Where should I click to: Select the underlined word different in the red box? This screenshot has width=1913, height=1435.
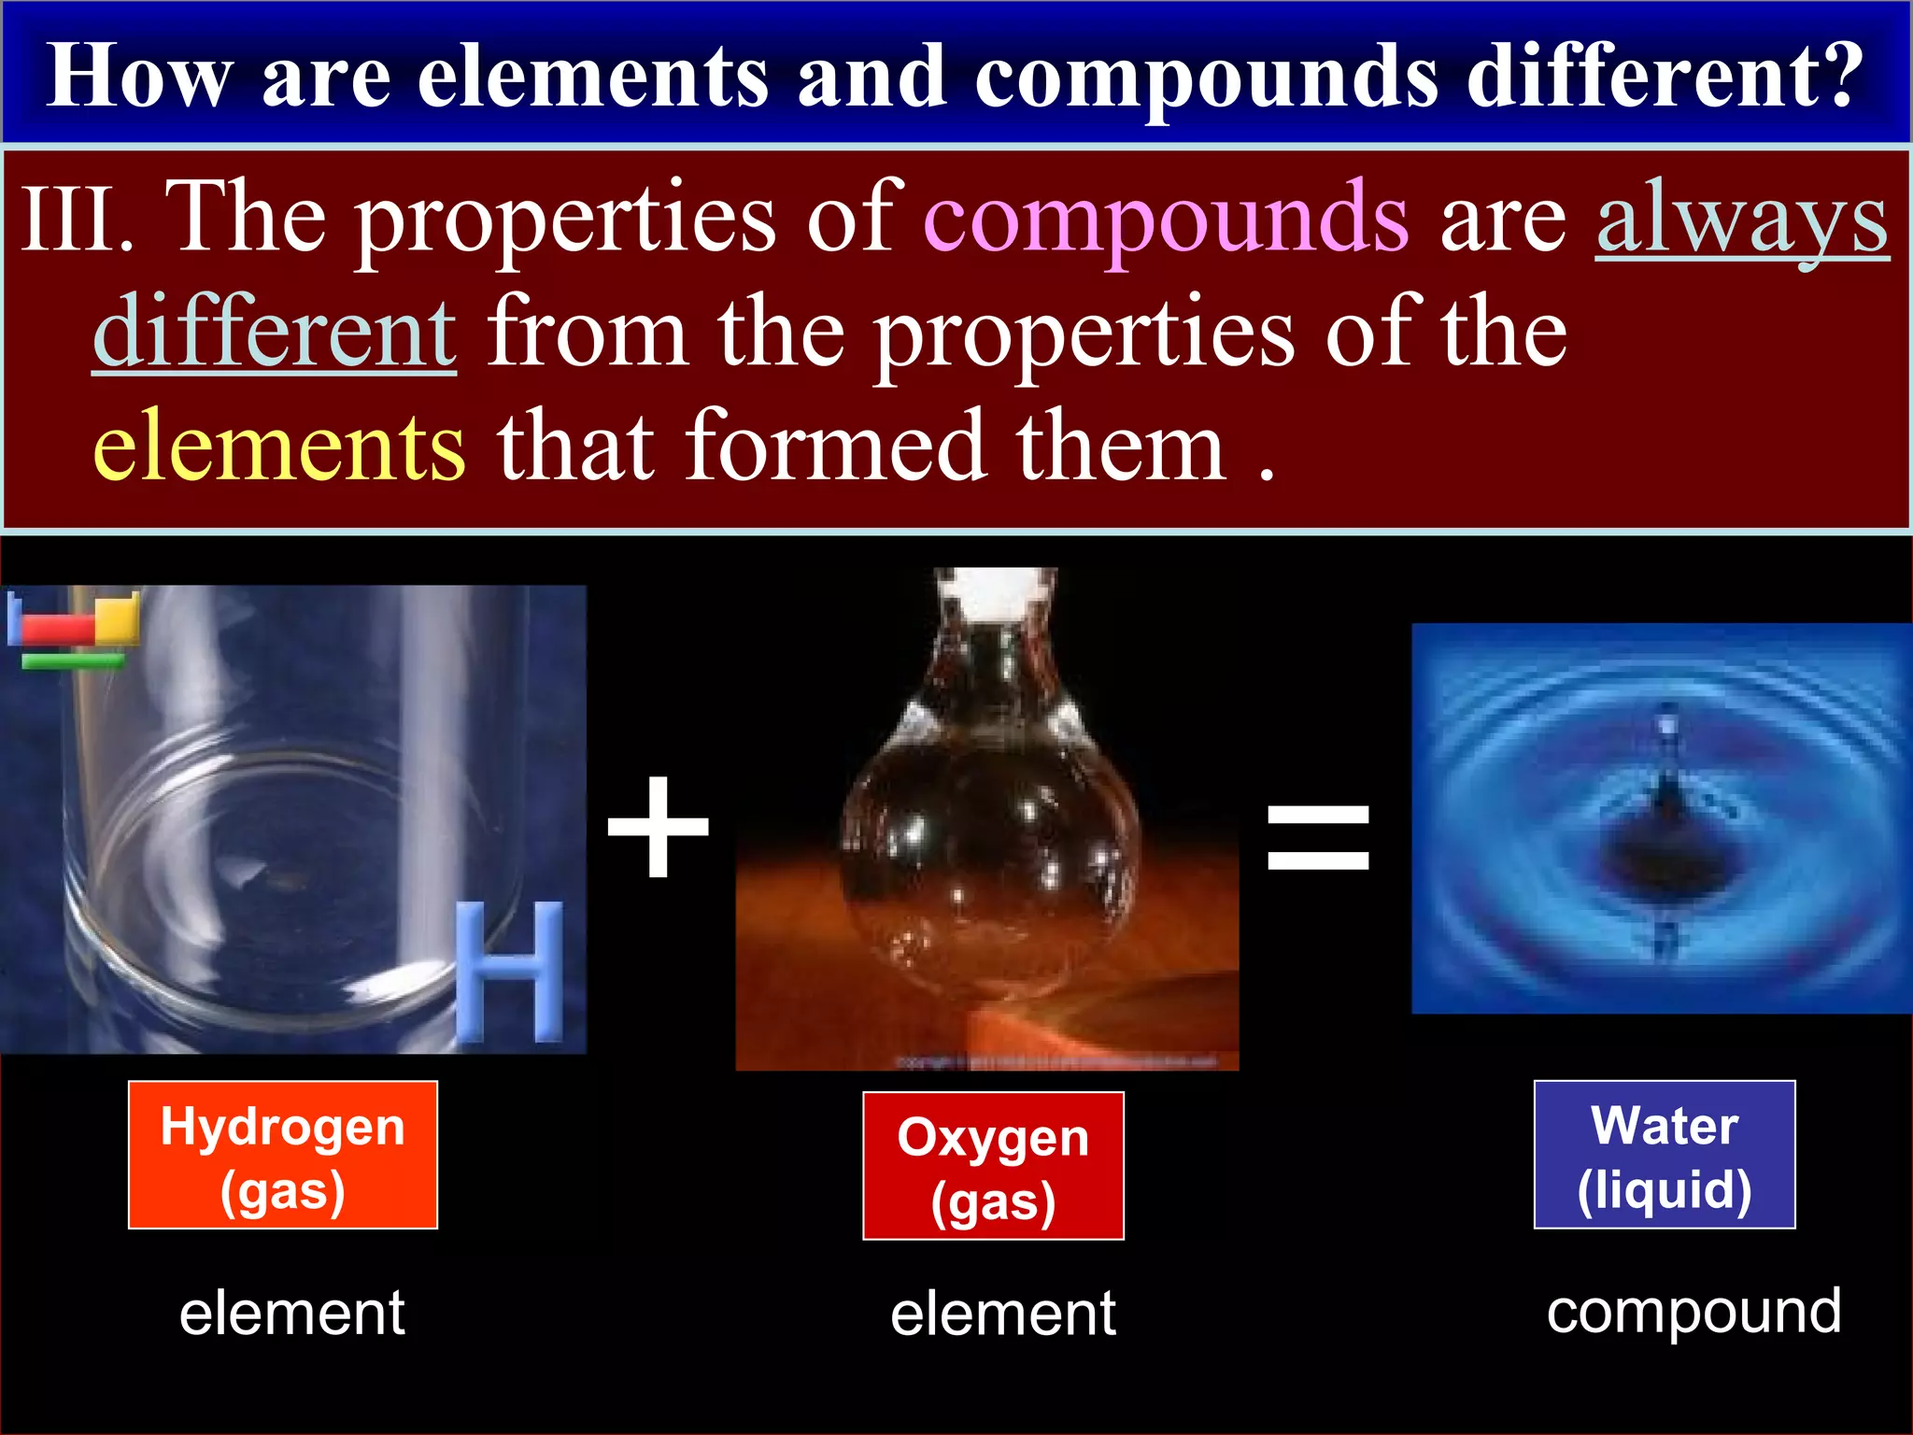275,334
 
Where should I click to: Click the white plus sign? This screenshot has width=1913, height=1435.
659,828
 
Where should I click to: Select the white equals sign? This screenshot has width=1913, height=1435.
1318,837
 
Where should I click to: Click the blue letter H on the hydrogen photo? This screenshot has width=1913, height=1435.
510,972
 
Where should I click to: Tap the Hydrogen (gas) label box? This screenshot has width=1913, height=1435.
283,1156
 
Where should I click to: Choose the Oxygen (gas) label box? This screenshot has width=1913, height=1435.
993,1166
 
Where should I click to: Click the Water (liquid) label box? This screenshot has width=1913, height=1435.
1665,1155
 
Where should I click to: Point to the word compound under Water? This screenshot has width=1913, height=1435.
1693,1312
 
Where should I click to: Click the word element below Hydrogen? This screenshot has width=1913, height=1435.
292,1313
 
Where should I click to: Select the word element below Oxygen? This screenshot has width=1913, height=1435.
1003,1314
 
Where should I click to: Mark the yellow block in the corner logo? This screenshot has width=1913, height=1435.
117,618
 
